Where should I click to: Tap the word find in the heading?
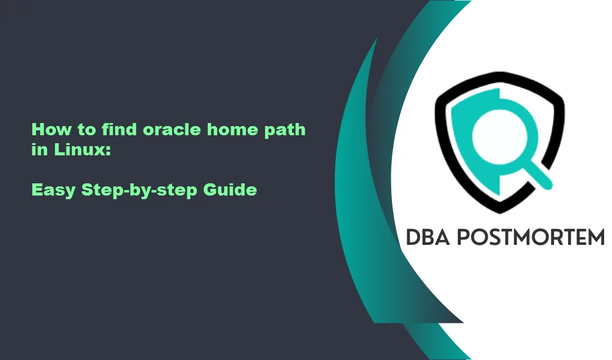pyautogui.click(x=119, y=130)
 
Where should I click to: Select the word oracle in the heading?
pyautogui.click(x=172, y=130)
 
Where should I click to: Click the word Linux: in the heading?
pyautogui.click(x=82, y=149)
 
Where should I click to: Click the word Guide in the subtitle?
pyautogui.click(x=230, y=189)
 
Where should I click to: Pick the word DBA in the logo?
pyautogui.click(x=427, y=238)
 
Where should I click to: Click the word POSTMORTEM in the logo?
pyautogui.click(x=530, y=238)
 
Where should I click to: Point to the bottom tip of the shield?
pyautogui.click(x=500, y=213)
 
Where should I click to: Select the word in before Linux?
pyautogui.click(x=40, y=149)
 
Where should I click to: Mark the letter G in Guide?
pyautogui.click(x=210, y=189)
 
